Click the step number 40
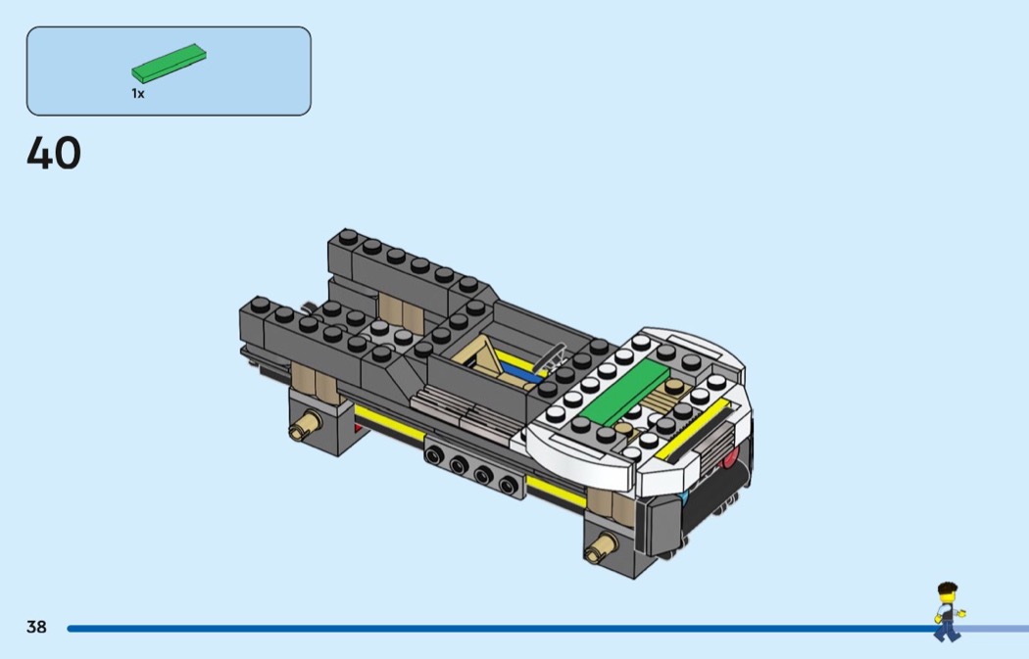click(54, 153)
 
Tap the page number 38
click(37, 627)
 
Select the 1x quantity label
click(138, 94)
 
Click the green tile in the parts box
click(169, 63)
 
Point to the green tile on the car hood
click(624, 393)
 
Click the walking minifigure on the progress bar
click(948, 611)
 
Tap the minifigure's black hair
click(947, 588)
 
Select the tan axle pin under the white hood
click(601, 548)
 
